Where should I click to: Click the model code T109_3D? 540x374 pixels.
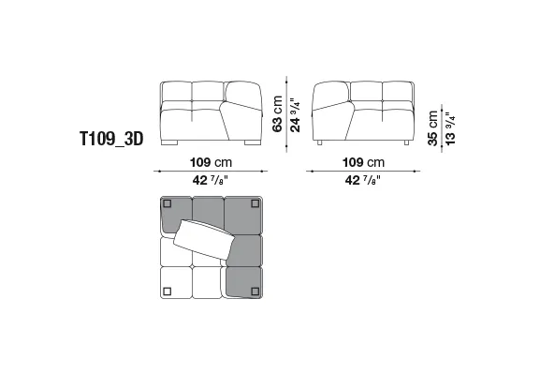click(x=111, y=139)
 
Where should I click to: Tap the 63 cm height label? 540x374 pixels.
click(x=277, y=113)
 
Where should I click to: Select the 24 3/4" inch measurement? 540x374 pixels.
click(x=295, y=115)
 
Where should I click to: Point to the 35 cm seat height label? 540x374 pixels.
click(x=432, y=128)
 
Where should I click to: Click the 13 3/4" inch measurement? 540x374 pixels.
click(x=450, y=128)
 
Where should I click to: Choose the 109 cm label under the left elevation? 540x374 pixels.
click(x=212, y=162)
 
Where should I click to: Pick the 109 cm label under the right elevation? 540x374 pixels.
click(x=363, y=162)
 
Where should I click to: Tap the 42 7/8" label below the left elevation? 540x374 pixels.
click(x=211, y=180)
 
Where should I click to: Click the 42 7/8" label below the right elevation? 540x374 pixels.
click(x=362, y=180)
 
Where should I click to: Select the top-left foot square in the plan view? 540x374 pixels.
click(x=167, y=203)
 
